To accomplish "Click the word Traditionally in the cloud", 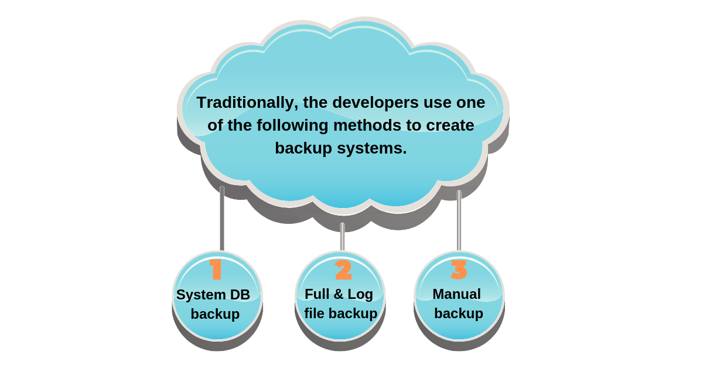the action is [x=247, y=103].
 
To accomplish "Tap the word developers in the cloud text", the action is [x=376, y=103].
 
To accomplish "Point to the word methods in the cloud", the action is [x=367, y=125].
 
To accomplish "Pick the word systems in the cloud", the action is [x=371, y=148].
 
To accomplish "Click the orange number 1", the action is [x=216, y=269].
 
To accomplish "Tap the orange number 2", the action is [x=343, y=270].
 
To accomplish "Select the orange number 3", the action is [x=459, y=269].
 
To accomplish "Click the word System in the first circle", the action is [x=201, y=295].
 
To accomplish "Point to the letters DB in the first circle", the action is [x=240, y=295].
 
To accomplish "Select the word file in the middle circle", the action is [x=314, y=313].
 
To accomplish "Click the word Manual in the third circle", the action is [x=456, y=294].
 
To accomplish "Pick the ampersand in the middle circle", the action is [x=339, y=294].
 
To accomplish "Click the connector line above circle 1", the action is [x=222, y=218].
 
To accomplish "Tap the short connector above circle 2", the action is [x=342, y=236].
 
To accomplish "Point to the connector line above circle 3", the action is [x=459, y=220].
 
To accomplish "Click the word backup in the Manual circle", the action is [x=459, y=314].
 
